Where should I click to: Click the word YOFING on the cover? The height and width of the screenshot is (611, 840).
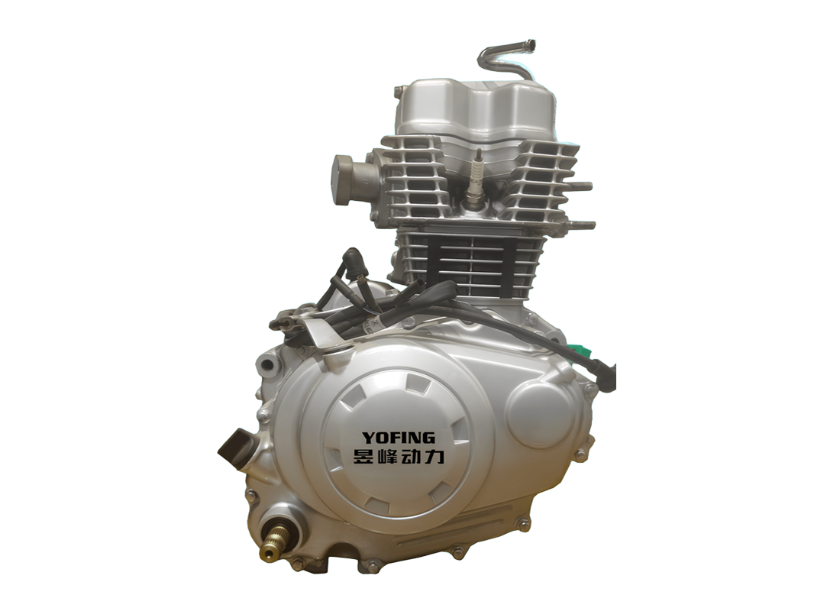click(398, 438)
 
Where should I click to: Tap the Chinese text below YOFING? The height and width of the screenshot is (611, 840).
click(399, 457)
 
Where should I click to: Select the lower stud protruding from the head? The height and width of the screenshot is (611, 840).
click(583, 225)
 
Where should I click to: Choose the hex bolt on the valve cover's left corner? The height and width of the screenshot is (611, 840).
click(399, 92)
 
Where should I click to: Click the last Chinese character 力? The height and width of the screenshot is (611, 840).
click(441, 457)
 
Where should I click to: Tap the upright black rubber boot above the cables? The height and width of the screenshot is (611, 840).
click(353, 261)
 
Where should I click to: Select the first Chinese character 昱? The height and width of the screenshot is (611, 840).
click(357, 457)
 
